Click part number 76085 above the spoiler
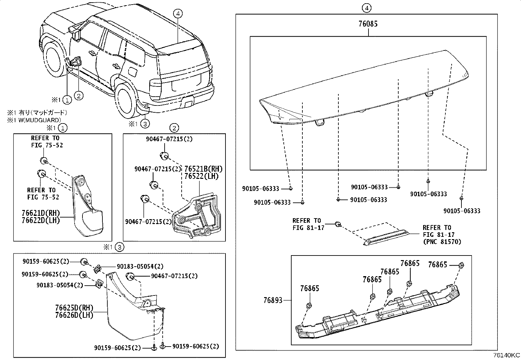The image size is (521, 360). [368, 24]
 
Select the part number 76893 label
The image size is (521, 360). [273, 300]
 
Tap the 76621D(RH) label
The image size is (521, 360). [41, 214]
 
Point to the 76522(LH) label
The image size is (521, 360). [201, 176]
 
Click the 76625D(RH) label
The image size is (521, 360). [74, 308]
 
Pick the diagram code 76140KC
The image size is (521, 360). [507, 355]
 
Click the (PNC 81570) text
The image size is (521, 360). [442, 242]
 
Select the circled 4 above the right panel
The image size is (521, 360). [367, 8]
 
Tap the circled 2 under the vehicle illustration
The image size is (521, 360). [79, 95]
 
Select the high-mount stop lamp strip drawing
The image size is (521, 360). [386, 237]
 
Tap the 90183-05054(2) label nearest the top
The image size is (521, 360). [140, 267]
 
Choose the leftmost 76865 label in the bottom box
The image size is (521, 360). [310, 289]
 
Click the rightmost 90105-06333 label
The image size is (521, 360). [462, 211]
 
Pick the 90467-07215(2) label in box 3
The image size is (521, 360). [174, 276]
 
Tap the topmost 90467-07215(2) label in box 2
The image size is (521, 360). [169, 139]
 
